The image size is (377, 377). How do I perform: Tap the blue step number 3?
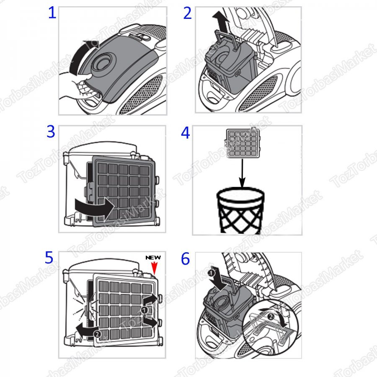(x=51, y=132)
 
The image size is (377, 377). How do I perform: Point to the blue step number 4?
(x=186, y=133)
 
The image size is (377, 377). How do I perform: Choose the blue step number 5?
(x=50, y=258)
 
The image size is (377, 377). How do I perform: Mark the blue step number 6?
(x=186, y=258)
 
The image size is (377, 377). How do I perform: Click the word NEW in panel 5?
(x=153, y=258)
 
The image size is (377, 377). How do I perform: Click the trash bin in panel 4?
(x=240, y=211)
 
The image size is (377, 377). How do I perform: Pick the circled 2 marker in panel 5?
(x=96, y=334)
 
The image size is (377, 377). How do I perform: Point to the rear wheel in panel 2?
(x=293, y=80)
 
